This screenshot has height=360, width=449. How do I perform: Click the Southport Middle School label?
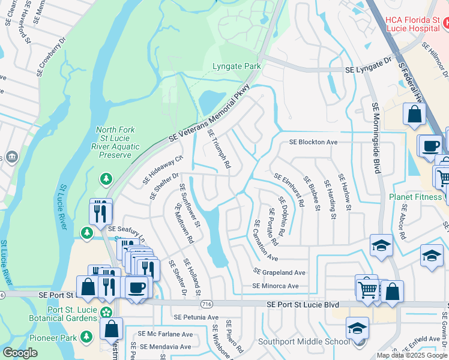click(x=304, y=342)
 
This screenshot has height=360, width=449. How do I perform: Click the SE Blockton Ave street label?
click(x=313, y=142)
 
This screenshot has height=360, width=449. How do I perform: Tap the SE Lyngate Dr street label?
click(x=367, y=70)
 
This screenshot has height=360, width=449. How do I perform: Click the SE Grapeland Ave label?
click(x=279, y=272)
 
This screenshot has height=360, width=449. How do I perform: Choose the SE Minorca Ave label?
click(x=275, y=286)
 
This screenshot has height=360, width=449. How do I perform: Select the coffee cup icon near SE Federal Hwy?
click(x=429, y=145)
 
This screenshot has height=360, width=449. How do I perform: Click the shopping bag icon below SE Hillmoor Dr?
click(x=414, y=114)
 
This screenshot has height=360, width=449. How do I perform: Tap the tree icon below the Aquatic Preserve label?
click(x=106, y=178)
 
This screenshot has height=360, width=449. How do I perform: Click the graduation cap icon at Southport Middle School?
click(x=358, y=328)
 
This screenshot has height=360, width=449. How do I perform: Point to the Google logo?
click(x=20, y=353)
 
